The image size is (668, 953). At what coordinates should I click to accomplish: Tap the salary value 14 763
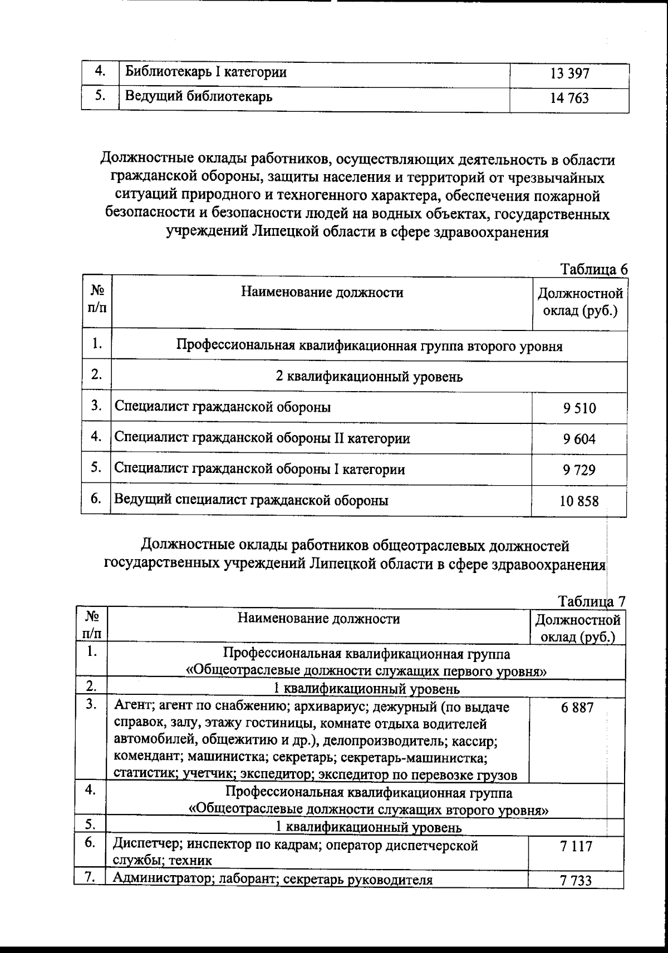[x=569, y=99]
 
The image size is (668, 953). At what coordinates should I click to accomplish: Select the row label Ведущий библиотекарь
[x=199, y=97]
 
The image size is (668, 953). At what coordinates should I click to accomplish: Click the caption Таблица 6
[x=594, y=269]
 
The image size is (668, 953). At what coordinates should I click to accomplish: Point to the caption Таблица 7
[x=592, y=601]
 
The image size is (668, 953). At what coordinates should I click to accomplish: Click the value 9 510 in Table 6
[x=579, y=408]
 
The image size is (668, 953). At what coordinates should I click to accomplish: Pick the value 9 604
[x=579, y=439]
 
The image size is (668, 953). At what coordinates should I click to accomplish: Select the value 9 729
[x=579, y=470]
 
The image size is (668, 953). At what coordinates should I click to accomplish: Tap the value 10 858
[x=579, y=501]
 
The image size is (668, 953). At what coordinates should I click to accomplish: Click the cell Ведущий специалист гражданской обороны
[x=251, y=500]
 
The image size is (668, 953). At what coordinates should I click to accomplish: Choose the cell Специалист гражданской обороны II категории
[x=262, y=438]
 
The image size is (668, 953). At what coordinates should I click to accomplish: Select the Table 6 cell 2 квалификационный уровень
[x=369, y=377]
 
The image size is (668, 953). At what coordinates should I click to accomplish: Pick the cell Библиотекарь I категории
[x=206, y=72]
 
